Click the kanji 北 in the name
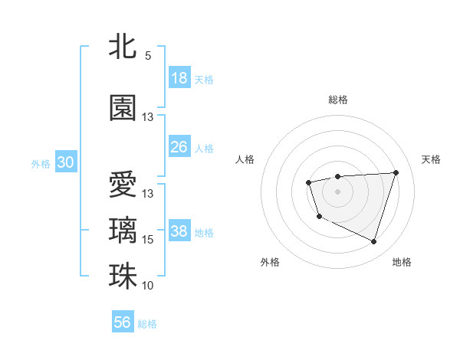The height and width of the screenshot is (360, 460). click(123, 47)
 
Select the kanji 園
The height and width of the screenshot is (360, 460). click(123, 108)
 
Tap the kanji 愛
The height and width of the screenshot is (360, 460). click(123, 185)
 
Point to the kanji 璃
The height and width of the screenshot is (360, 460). click(123, 231)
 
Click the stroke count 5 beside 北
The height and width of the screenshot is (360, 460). click(148, 56)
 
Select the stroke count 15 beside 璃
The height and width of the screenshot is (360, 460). click(148, 240)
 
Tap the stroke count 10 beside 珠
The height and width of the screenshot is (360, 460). click(148, 286)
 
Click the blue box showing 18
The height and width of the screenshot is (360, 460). click(179, 78)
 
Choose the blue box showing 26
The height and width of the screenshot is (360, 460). click(179, 147)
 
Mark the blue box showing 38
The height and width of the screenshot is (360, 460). click(179, 231)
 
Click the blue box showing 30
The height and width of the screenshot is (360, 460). click(65, 162)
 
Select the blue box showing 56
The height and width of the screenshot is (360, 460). click(123, 322)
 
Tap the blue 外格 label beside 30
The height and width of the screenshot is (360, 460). click(40, 163)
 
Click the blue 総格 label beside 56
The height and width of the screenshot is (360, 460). click(147, 323)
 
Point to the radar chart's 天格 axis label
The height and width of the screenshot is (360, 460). click(431, 159)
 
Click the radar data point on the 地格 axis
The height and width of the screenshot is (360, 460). click(373, 242)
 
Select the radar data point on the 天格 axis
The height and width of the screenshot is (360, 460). click(396, 172)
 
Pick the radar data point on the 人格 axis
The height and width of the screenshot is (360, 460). click(308, 182)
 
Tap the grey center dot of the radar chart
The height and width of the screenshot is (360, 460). click(337, 191)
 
